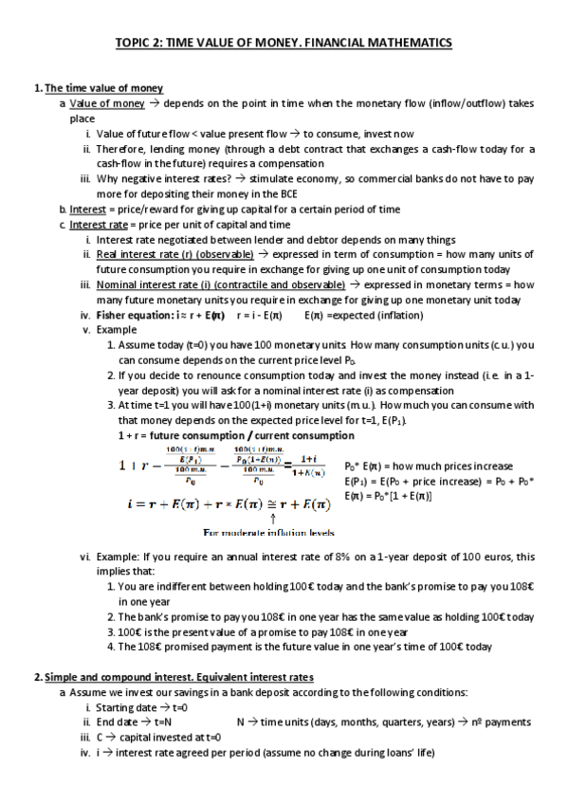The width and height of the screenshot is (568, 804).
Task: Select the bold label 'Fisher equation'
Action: pyautogui.click(x=132, y=315)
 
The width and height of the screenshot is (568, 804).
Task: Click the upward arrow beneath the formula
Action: pyautogui.click(x=273, y=518)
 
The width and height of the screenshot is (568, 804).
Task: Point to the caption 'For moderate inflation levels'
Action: pyautogui.click(x=272, y=532)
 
